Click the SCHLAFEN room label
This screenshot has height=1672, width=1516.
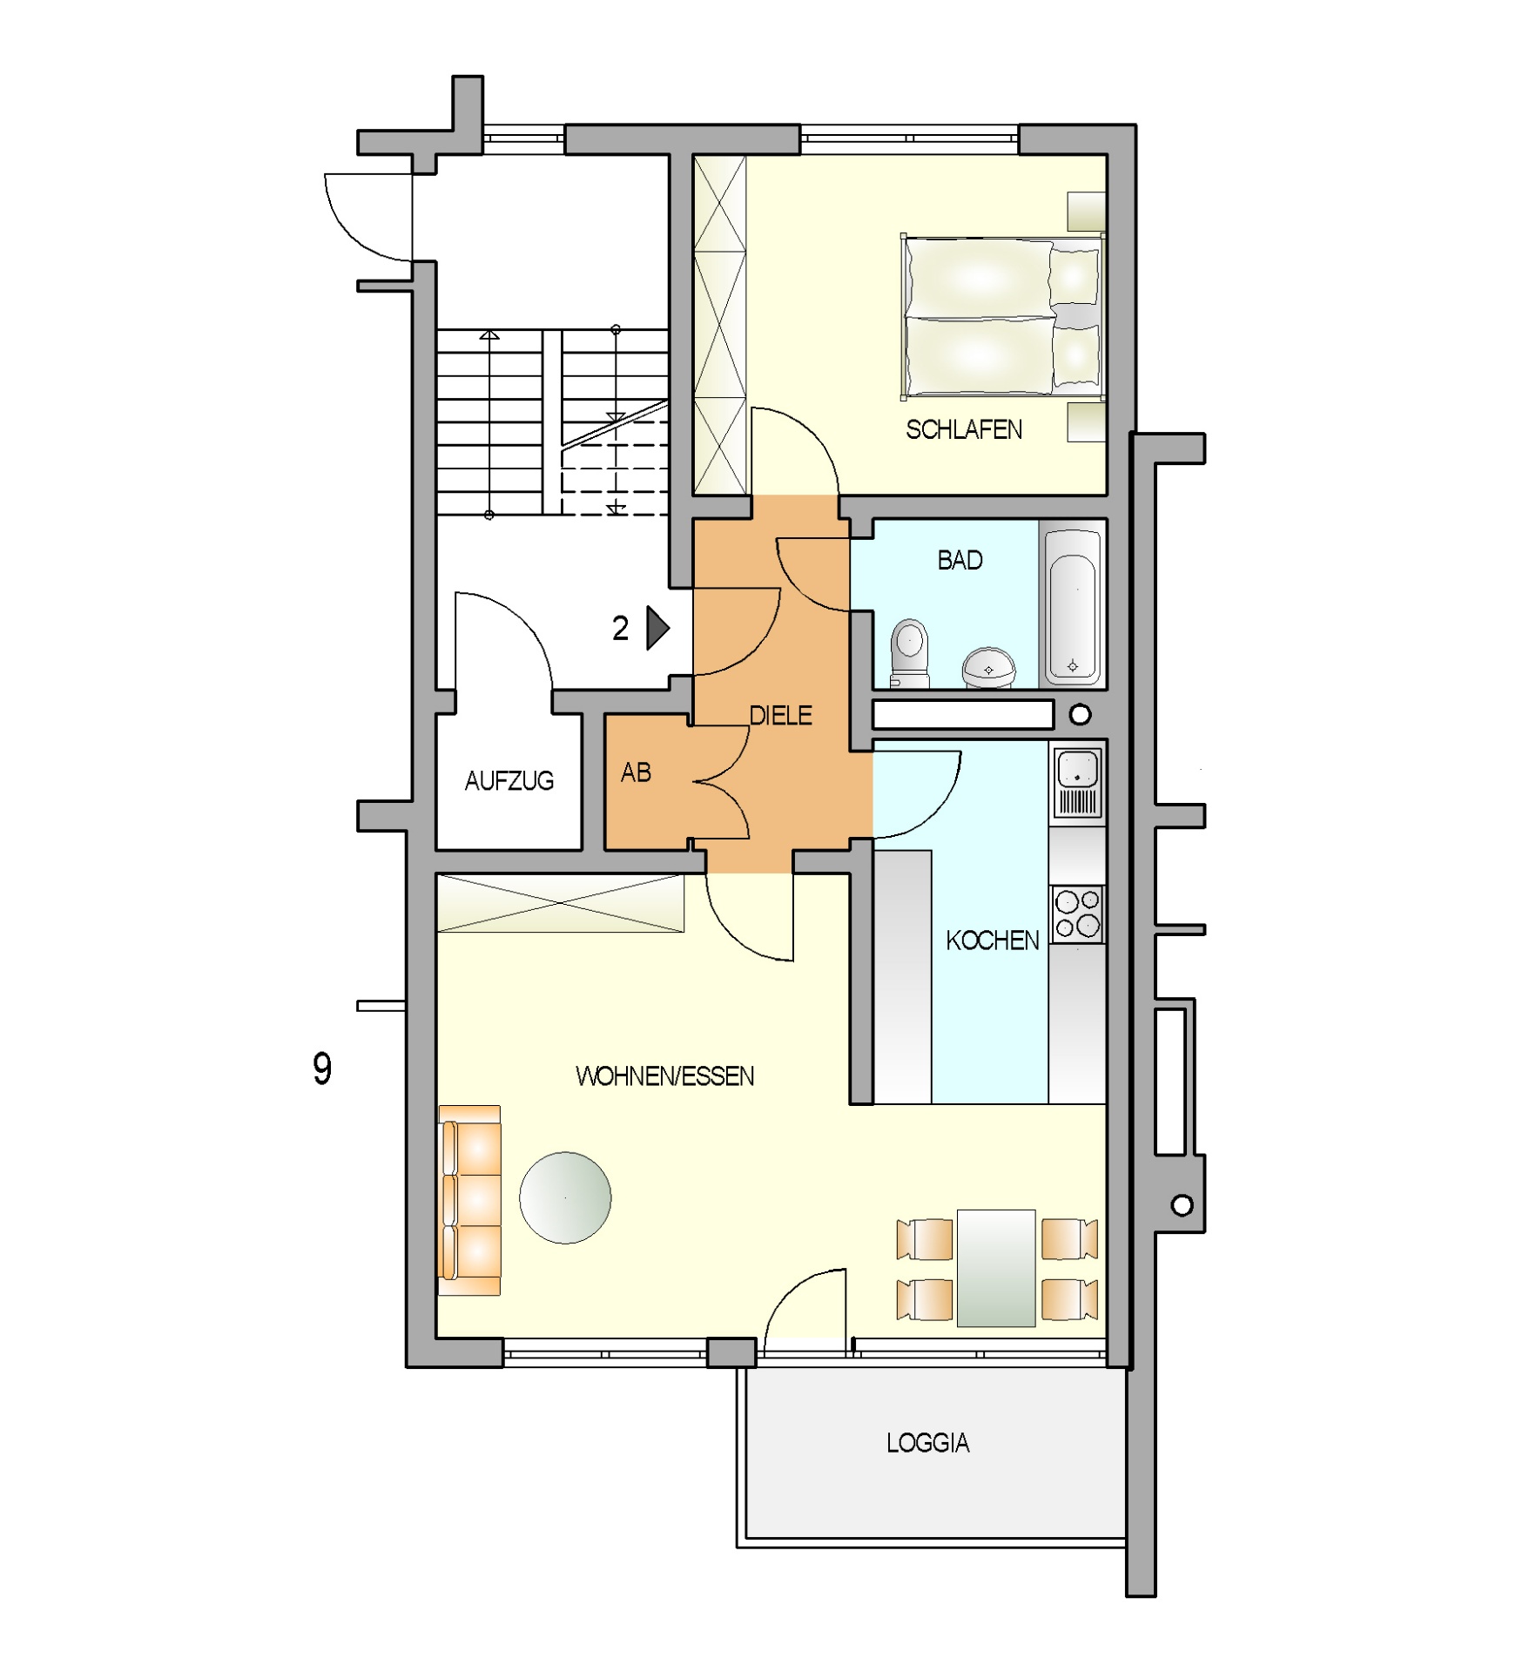click(x=963, y=429)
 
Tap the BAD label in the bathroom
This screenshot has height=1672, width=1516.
click(x=960, y=560)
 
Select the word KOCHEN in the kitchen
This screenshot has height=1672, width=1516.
click(x=992, y=940)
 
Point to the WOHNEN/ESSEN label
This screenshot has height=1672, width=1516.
click(x=664, y=1076)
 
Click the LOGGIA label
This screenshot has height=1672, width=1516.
click(x=927, y=1443)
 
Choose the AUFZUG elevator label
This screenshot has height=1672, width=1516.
click(x=509, y=780)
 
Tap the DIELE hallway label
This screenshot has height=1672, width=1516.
click(x=780, y=715)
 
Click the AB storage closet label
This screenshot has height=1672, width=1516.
click(x=636, y=772)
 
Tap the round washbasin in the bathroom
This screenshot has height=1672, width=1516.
click(x=988, y=667)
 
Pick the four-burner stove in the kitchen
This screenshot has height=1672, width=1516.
click(x=1077, y=914)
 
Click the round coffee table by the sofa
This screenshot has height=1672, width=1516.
click(x=565, y=1197)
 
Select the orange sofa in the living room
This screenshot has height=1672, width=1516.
click(x=470, y=1200)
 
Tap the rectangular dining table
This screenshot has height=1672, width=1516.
click(x=996, y=1267)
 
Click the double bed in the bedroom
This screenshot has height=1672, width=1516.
click(x=1002, y=315)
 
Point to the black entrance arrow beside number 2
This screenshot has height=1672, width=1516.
click(x=657, y=628)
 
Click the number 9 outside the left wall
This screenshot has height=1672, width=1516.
click(x=322, y=1069)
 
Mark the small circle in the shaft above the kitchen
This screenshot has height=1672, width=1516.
click(x=1080, y=715)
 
